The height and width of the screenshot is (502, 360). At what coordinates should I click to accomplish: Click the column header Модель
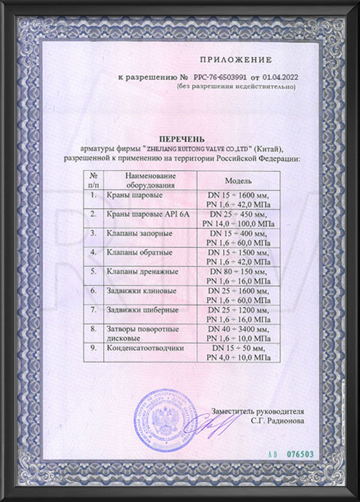pyautogui.click(x=238, y=180)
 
